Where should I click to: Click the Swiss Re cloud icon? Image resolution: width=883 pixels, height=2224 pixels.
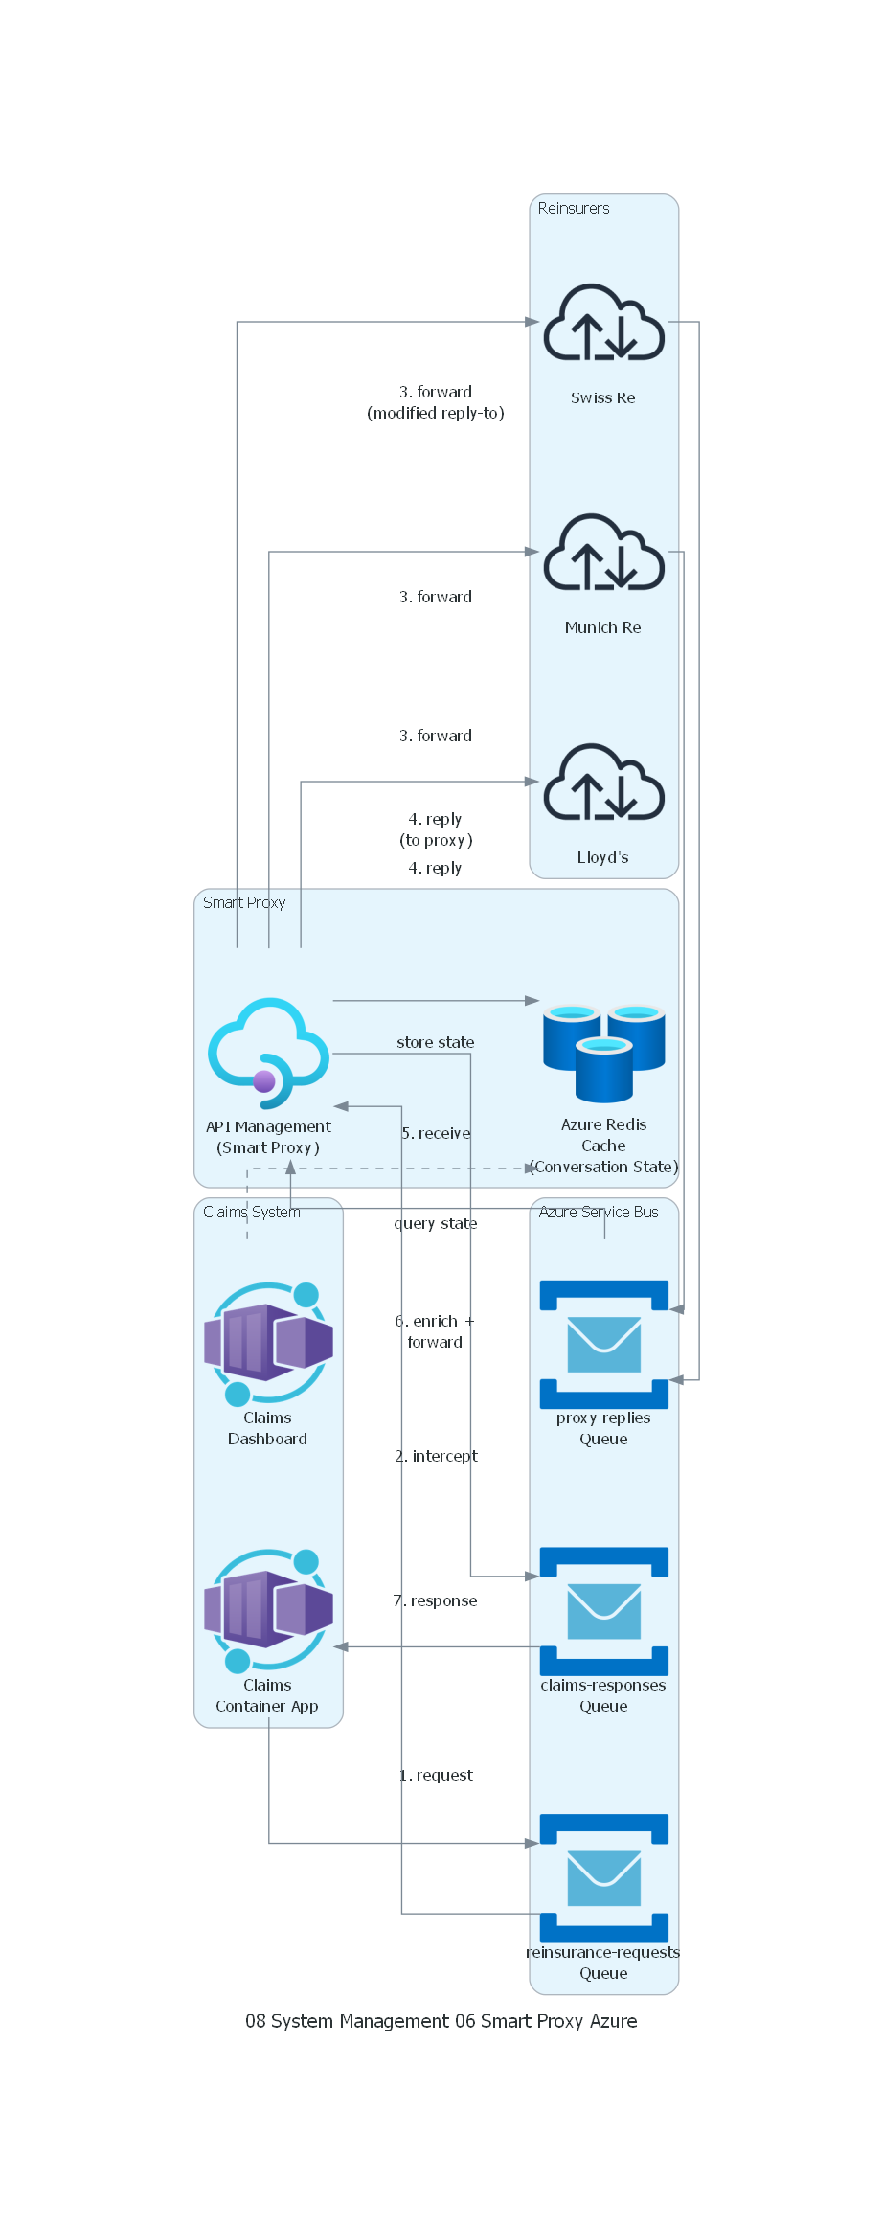coord(603,323)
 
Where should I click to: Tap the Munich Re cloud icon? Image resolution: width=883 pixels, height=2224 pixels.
coord(603,553)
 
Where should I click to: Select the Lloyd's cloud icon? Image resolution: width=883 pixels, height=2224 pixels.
coord(603,783)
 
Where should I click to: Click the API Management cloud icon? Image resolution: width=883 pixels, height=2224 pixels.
coord(269,1053)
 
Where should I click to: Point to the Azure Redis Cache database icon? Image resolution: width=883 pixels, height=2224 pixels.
coord(603,1052)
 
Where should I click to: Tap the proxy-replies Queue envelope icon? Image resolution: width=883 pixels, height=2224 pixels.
coord(603,1344)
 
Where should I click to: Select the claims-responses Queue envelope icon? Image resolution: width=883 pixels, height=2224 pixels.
coord(603,1611)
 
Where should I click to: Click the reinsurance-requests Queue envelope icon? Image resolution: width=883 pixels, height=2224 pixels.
coord(603,1878)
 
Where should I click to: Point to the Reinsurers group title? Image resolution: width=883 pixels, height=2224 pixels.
coord(574,208)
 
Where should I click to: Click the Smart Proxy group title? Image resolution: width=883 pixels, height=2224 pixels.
coord(244,902)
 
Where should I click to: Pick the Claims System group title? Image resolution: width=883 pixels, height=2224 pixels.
coord(252,1212)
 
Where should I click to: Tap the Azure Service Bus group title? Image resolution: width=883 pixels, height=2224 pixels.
coord(599,1212)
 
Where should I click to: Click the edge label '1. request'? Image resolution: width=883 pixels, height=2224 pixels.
coord(436,1775)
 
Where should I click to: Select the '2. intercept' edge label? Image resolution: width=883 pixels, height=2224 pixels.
coord(436,1456)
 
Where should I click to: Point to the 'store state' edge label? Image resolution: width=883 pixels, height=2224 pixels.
coord(436,1042)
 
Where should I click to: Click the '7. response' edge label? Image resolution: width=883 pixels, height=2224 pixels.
coord(436,1600)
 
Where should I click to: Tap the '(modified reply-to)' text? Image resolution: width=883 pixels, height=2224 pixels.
coord(436,413)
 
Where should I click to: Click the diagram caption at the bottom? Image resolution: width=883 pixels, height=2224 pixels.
coord(441,2021)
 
